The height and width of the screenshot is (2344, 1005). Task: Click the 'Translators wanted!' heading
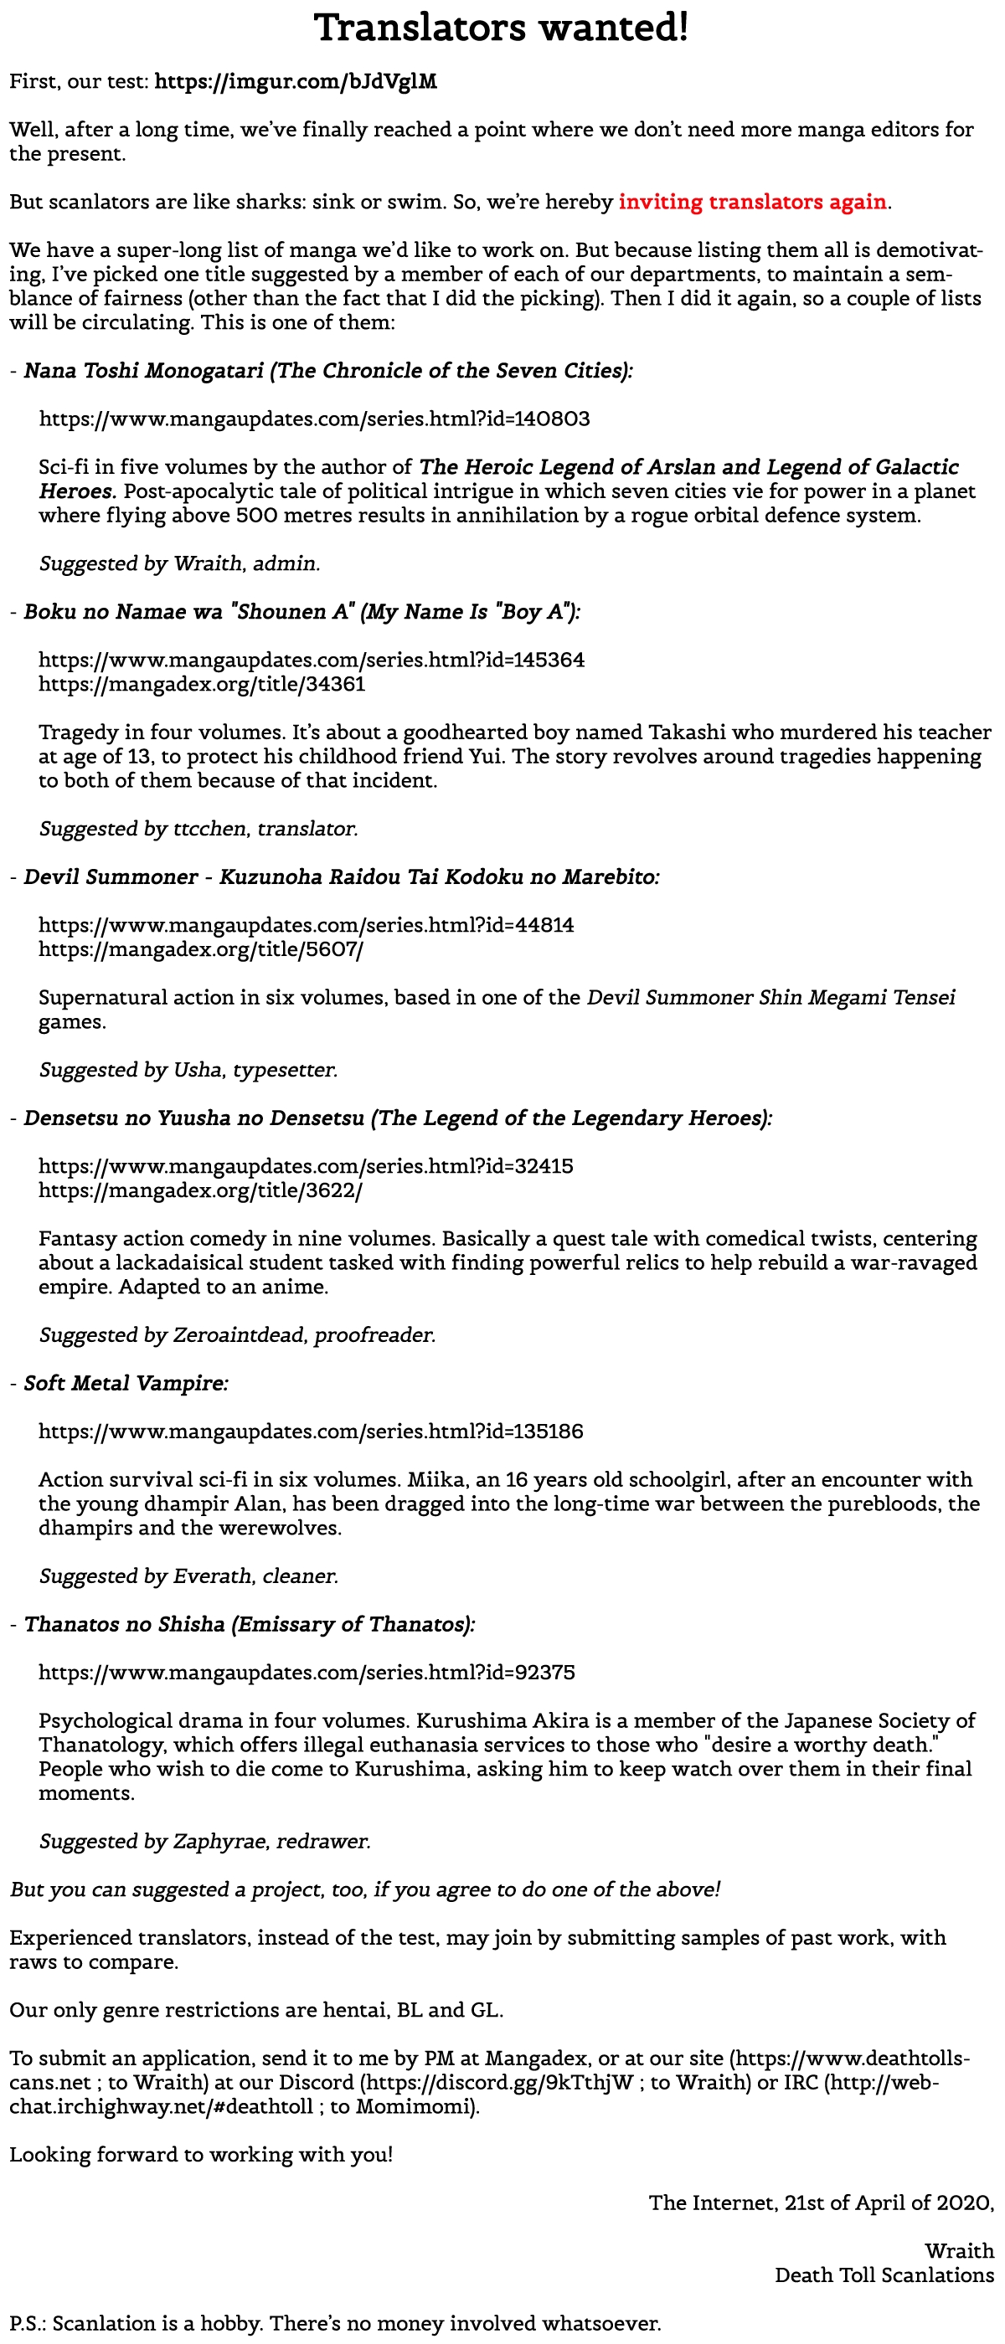(502, 28)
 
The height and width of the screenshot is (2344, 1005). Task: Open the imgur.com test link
(296, 82)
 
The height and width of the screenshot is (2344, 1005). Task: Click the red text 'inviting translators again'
(752, 202)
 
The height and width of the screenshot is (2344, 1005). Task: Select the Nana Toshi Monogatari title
(327, 371)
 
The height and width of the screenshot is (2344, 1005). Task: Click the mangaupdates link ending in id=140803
(314, 419)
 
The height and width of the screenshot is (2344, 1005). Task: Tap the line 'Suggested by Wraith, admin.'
(179, 564)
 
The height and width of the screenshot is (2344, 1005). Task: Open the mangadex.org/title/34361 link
(202, 684)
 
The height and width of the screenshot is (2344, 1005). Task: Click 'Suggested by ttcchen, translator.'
(198, 829)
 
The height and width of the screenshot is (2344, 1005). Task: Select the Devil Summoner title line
(342, 877)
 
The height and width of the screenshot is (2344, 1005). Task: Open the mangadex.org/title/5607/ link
(201, 950)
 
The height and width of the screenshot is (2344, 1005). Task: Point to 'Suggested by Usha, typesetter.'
(188, 1070)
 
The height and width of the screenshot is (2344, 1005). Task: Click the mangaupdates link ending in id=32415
(306, 1166)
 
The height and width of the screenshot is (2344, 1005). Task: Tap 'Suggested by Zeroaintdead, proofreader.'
(237, 1335)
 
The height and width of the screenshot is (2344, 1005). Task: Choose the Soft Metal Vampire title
(126, 1383)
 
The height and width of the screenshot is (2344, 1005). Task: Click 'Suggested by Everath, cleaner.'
(188, 1576)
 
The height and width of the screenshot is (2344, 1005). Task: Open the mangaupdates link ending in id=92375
(307, 1673)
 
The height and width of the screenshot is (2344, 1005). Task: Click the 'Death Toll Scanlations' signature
(884, 2275)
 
